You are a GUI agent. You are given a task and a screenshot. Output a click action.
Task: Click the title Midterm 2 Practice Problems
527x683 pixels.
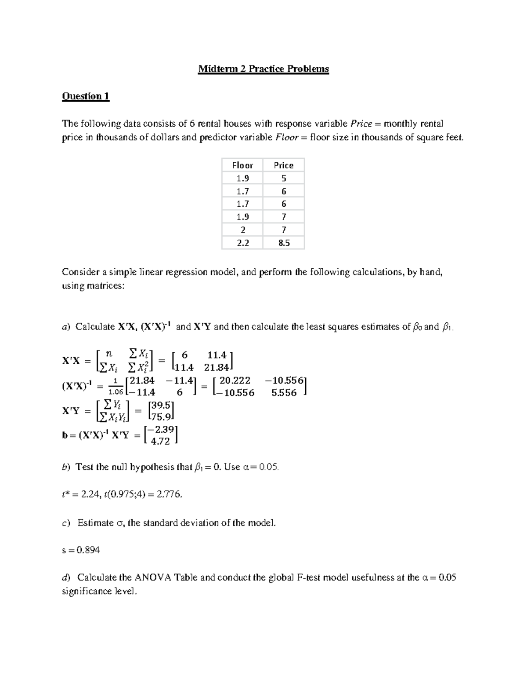click(263, 69)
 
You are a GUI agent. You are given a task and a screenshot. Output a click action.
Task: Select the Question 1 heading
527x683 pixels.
click(86, 96)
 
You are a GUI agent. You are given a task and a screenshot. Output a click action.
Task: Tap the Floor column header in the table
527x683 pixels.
click(242, 165)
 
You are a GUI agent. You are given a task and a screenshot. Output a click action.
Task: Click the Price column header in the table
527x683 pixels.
click(283, 165)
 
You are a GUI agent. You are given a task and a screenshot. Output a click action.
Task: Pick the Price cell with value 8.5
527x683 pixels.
click(284, 243)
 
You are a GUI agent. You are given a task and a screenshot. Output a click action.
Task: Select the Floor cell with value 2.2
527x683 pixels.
click(242, 243)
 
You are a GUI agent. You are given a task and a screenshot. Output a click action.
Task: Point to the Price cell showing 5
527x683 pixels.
click(284, 178)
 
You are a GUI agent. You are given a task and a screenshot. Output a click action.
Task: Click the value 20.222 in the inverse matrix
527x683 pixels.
click(235, 381)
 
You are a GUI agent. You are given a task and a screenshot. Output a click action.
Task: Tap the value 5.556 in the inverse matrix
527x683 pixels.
click(284, 393)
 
